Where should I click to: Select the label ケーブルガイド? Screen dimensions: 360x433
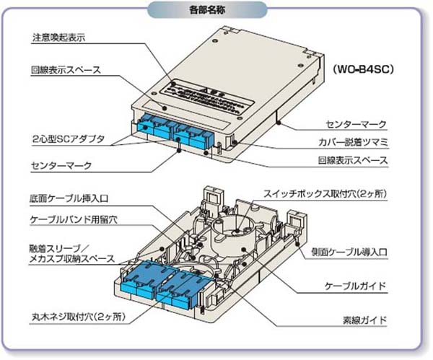[x=356, y=286]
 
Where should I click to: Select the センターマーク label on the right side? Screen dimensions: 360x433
[x=356, y=125]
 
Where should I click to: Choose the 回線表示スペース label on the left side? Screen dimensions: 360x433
[x=66, y=70]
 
